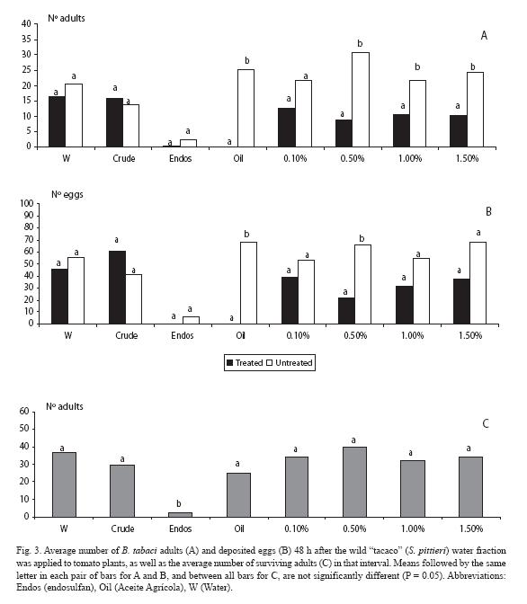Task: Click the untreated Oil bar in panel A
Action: pyautogui.click(x=246, y=108)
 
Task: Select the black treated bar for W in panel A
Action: pyautogui.click(x=57, y=121)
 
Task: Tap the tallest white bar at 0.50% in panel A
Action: pyautogui.click(x=361, y=100)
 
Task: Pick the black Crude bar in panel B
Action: pyautogui.click(x=117, y=288)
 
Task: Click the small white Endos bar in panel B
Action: pyautogui.click(x=192, y=320)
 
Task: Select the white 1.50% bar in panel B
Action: pyautogui.click(x=478, y=283)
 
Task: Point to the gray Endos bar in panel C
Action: pyautogui.click(x=180, y=515)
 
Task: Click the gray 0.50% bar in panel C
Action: pyautogui.click(x=354, y=482)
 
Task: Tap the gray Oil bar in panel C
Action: pyautogui.click(x=238, y=495)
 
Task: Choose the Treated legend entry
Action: pyautogui.click(x=245, y=363)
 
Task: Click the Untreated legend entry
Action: pyautogui.click(x=290, y=363)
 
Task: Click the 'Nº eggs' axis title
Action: pyautogui.click(x=67, y=194)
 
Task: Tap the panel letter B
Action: pyautogui.click(x=488, y=211)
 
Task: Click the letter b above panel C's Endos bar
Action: pyautogui.click(x=178, y=503)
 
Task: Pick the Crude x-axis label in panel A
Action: pyautogui.click(x=124, y=158)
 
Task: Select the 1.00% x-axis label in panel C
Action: pyautogui.click(x=413, y=528)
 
